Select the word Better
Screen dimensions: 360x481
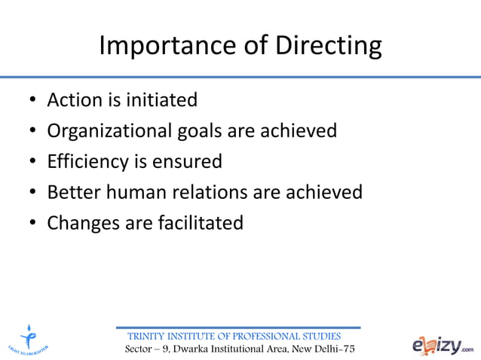pos(72,193)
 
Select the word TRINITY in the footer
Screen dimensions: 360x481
pos(149,336)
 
